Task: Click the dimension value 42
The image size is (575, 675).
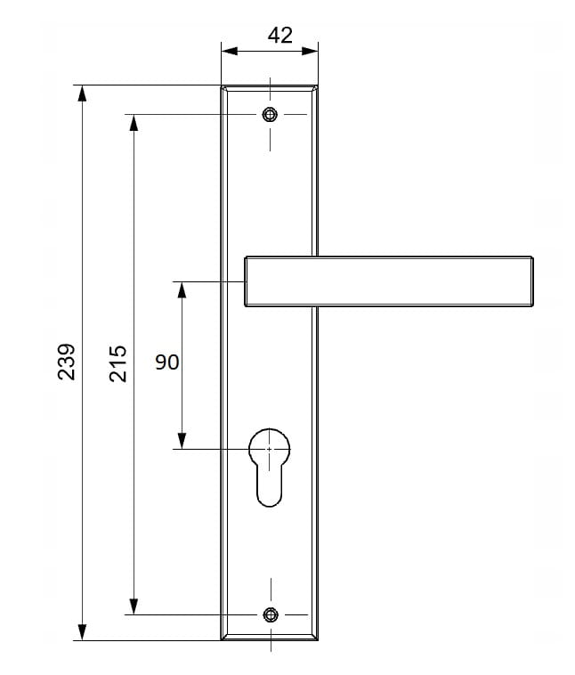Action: tap(279, 36)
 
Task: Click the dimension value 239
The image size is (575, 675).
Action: tap(67, 362)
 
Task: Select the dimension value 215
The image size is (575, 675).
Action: tap(117, 363)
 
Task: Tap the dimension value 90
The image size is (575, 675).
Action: tap(167, 362)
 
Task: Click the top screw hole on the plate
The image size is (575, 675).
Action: tap(270, 115)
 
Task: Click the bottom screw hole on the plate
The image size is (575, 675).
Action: tap(271, 614)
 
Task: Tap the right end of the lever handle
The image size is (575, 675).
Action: tap(533, 281)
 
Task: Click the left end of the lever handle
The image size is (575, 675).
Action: tap(246, 281)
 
